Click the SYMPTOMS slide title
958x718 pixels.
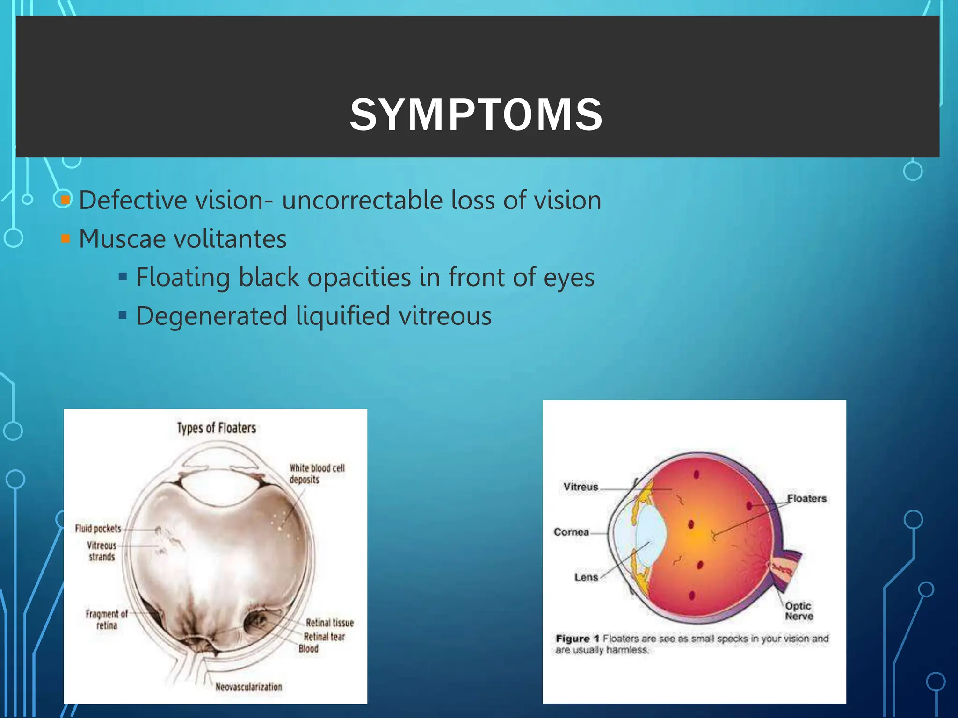click(476, 115)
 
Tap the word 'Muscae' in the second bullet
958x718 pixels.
click(122, 239)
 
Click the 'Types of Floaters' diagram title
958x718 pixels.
click(216, 428)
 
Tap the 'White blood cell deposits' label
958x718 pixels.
click(316, 474)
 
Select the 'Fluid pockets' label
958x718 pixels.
click(98, 528)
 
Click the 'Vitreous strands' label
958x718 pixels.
click(102, 551)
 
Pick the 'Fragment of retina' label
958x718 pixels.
click(106, 619)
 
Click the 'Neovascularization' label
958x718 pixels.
click(248, 687)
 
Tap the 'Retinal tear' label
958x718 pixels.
click(324, 637)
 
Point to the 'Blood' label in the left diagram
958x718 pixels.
click(308, 649)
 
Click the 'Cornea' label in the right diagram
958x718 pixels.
click(571, 532)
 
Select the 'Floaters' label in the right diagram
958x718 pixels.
click(806, 498)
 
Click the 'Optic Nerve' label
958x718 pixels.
click(798, 611)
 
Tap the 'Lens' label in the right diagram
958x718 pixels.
click(586, 577)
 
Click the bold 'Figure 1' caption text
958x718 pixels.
click(577, 639)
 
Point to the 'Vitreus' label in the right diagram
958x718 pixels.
click(581, 487)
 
